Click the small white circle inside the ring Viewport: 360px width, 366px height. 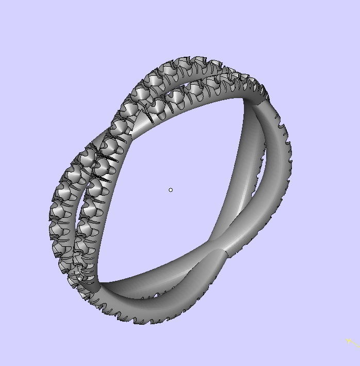point(171,190)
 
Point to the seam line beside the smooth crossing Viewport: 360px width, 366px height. point(225,252)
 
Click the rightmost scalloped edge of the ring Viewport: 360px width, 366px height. point(290,155)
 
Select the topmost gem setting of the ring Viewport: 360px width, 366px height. point(175,65)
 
